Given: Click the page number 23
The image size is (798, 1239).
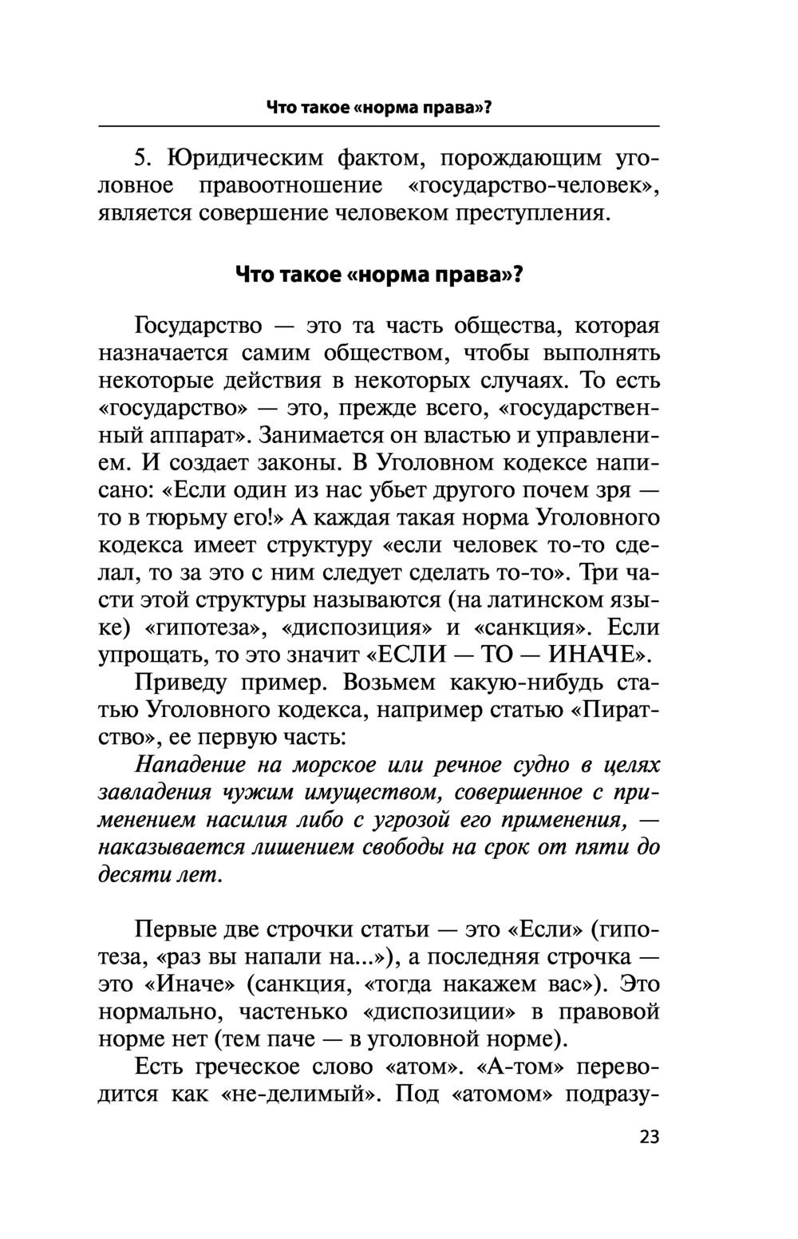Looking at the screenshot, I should [x=650, y=1137].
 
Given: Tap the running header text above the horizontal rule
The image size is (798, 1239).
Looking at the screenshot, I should [x=378, y=107].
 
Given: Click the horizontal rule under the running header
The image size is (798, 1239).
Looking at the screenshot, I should [x=378, y=127].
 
